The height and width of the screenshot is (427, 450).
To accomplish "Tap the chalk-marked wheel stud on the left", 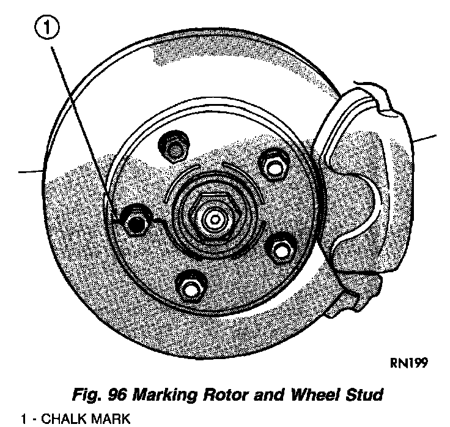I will [134, 219].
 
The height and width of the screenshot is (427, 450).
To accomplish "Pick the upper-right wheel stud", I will [271, 164].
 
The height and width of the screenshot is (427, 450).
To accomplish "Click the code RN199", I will [408, 363].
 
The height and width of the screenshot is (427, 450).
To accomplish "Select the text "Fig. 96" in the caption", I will [94, 395].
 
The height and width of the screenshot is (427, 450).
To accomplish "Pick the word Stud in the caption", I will [363, 395].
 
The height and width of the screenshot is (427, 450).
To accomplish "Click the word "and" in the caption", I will [261, 395].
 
